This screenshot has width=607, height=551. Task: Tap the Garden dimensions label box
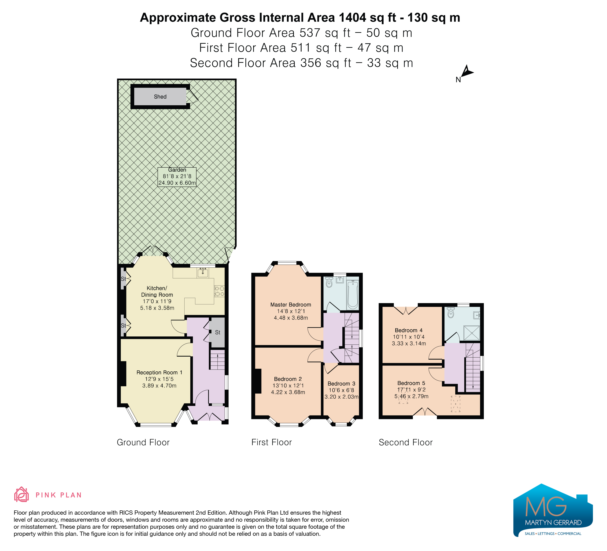pos(177,177)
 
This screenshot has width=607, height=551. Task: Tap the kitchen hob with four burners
pos(219,291)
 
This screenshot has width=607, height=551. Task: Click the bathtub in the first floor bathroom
pos(353,294)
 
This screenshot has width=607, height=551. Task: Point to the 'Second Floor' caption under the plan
pos(406,442)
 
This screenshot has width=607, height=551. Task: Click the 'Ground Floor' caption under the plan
pos(143,442)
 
